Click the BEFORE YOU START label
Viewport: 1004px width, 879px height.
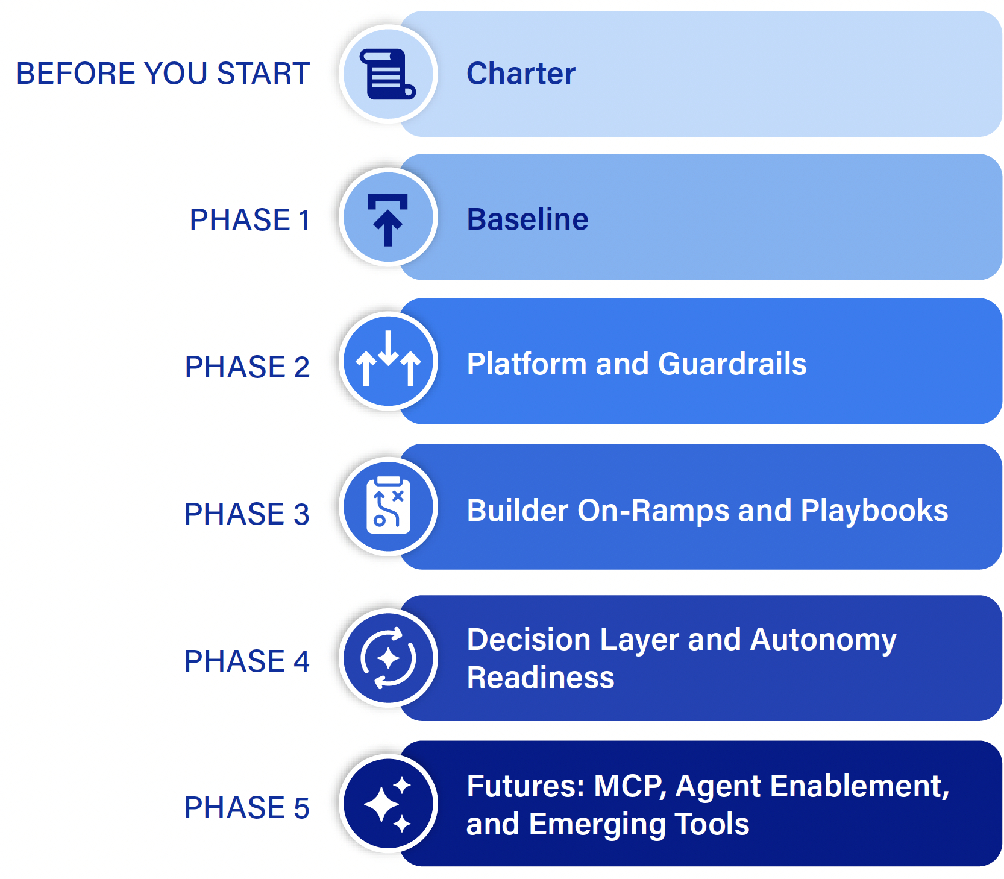click(163, 74)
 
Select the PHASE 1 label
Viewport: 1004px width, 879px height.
click(249, 219)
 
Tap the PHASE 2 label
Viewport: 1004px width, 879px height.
click(247, 367)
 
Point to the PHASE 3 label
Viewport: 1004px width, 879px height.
click(247, 514)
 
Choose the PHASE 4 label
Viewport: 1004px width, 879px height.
click(247, 661)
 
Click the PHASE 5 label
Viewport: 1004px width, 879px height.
click(247, 808)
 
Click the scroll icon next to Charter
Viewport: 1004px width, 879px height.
click(388, 74)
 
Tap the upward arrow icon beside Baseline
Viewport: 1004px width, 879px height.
click(388, 219)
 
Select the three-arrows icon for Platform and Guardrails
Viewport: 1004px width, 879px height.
click(389, 358)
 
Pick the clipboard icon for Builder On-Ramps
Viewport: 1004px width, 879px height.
click(389, 505)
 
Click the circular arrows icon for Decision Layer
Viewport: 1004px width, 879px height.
click(388, 658)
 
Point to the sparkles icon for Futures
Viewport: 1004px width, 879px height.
click(388, 805)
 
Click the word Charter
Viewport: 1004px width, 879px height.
click(521, 74)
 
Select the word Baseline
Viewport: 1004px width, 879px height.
click(528, 219)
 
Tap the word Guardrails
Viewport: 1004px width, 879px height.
click(733, 364)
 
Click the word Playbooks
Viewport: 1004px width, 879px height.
click(874, 510)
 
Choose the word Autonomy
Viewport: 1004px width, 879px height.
click(824, 640)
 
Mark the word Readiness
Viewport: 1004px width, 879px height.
click(541, 678)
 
